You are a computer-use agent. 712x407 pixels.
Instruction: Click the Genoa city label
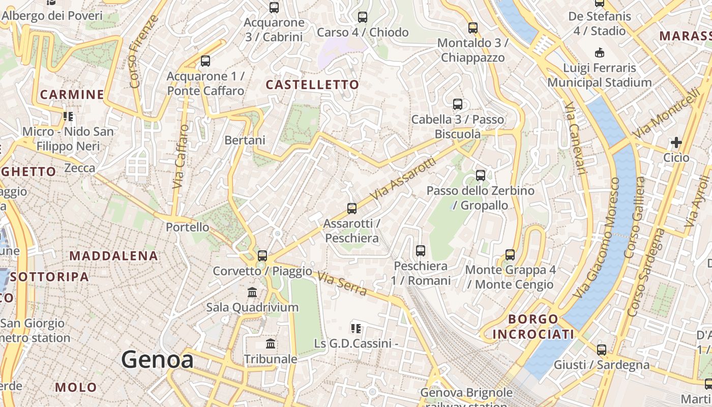pyautogui.click(x=157, y=360)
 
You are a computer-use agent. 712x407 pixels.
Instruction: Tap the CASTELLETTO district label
pyautogui.click(x=312, y=84)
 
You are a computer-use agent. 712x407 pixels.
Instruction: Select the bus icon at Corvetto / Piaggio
pyautogui.click(x=262, y=255)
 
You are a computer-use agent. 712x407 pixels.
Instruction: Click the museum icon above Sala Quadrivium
pyautogui.click(x=252, y=293)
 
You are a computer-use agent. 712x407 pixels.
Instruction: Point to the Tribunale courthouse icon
pyautogui.click(x=271, y=344)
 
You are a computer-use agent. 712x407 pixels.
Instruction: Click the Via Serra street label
pyautogui.click(x=342, y=283)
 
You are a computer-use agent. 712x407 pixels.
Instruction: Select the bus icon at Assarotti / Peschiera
pyautogui.click(x=351, y=208)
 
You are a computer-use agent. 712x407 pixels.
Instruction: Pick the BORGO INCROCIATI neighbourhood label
pyautogui.click(x=533, y=327)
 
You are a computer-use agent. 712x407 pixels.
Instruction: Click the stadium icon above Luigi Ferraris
pyautogui.click(x=600, y=52)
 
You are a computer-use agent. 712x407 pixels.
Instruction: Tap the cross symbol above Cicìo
pyautogui.click(x=676, y=142)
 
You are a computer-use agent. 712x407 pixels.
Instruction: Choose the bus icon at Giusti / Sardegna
pyautogui.click(x=602, y=350)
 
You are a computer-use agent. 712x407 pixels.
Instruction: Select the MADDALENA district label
pyautogui.click(x=113, y=255)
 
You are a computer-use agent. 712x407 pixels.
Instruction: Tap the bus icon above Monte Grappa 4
pyautogui.click(x=510, y=254)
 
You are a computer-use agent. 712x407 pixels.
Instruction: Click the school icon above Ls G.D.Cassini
pyautogui.click(x=355, y=329)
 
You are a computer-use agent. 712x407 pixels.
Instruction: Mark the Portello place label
pyautogui.click(x=187, y=227)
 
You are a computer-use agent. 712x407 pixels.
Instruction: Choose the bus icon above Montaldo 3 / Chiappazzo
pyautogui.click(x=473, y=27)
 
